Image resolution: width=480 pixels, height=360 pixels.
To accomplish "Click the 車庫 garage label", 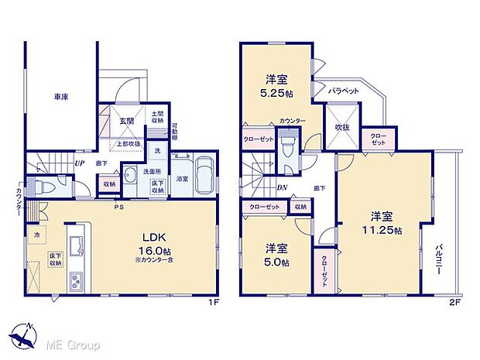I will tap(61, 97).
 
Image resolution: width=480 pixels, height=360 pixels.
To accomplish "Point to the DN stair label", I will tap(283, 187).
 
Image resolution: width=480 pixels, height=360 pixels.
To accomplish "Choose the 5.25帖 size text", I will tap(278, 94).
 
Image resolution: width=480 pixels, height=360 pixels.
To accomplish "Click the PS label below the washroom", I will tap(118, 206).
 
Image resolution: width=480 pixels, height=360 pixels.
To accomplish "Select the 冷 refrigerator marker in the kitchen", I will tap(36, 234).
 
